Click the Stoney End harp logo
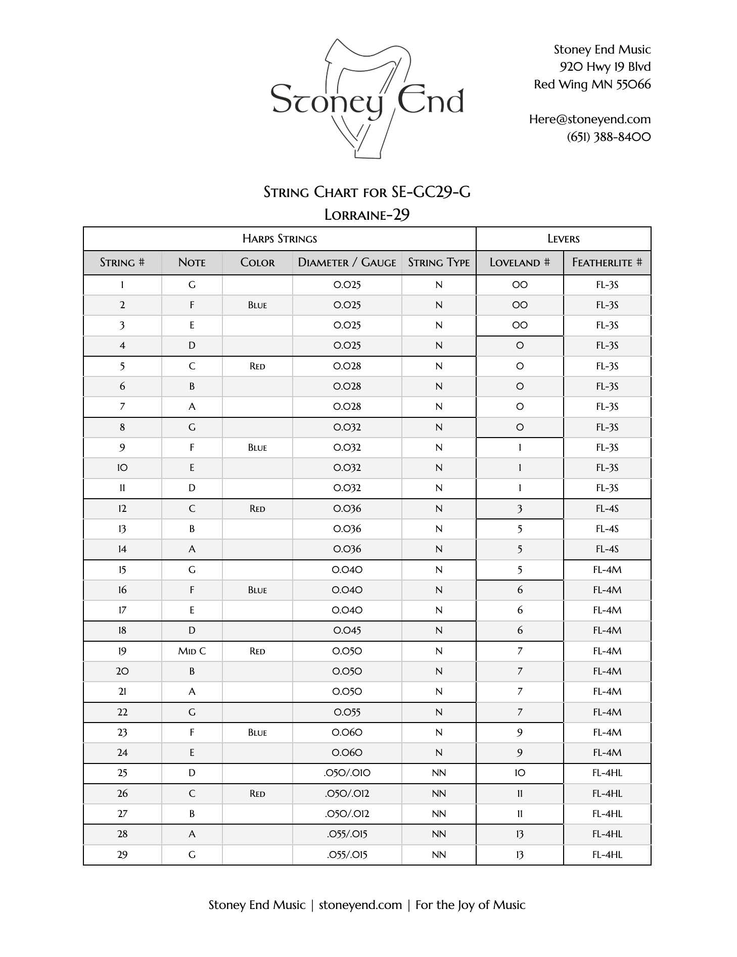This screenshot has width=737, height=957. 367,100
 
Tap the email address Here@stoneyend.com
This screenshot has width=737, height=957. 589,119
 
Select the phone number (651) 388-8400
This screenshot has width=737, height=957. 609,137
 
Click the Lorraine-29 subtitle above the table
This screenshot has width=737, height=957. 366,215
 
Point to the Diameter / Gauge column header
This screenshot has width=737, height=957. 347,263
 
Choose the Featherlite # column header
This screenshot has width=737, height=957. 607,263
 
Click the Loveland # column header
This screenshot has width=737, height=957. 519,263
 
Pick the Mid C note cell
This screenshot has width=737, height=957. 192,651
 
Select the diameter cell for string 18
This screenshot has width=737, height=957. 347,631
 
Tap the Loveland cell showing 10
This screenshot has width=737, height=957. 519,773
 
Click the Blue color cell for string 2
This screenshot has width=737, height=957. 257,305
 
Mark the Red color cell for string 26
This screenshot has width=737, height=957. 257,794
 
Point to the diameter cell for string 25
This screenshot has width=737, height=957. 347,773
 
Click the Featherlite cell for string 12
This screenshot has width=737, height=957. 607,509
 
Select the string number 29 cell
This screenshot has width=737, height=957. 122,855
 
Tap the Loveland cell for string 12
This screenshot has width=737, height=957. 519,509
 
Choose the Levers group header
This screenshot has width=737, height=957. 563,239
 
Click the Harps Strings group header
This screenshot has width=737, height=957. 280,239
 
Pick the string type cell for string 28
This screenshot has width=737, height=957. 438,834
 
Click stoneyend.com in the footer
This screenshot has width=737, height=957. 360,905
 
